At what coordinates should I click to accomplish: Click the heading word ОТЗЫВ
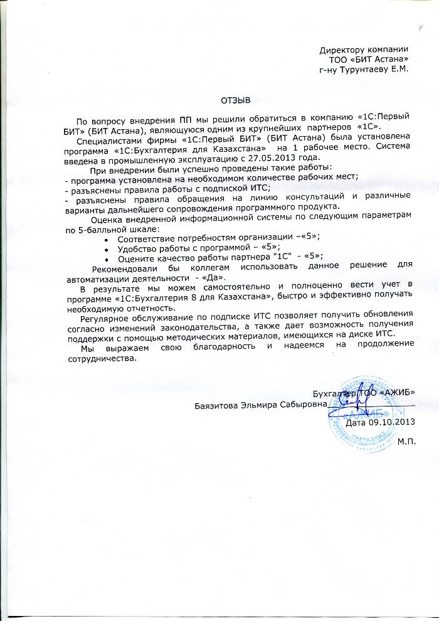coord(235,100)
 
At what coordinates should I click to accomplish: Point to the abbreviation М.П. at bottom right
coord(406,442)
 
